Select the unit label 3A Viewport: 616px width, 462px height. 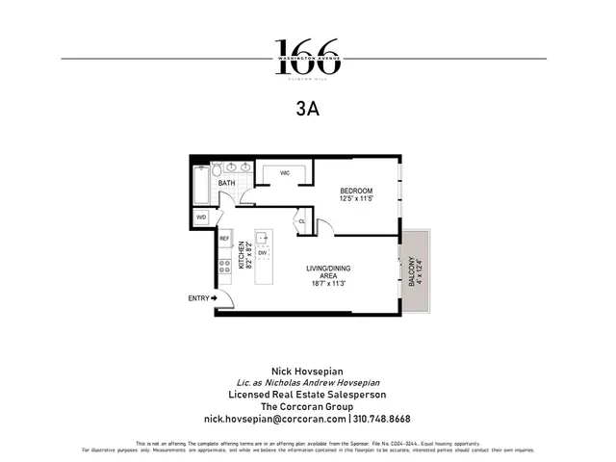point(308,110)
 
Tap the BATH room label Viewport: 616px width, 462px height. point(227,182)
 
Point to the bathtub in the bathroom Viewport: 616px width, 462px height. point(200,185)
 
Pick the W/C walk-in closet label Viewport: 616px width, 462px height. point(286,173)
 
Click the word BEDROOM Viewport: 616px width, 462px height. point(356,191)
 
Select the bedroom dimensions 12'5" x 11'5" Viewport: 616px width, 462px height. point(356,199)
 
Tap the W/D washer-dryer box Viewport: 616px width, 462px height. point(202,218)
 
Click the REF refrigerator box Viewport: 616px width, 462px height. point(224,238)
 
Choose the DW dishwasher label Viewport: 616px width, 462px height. point(262,253)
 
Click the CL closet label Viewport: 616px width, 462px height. point(301,221)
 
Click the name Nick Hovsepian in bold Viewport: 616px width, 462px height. point(308,370)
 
